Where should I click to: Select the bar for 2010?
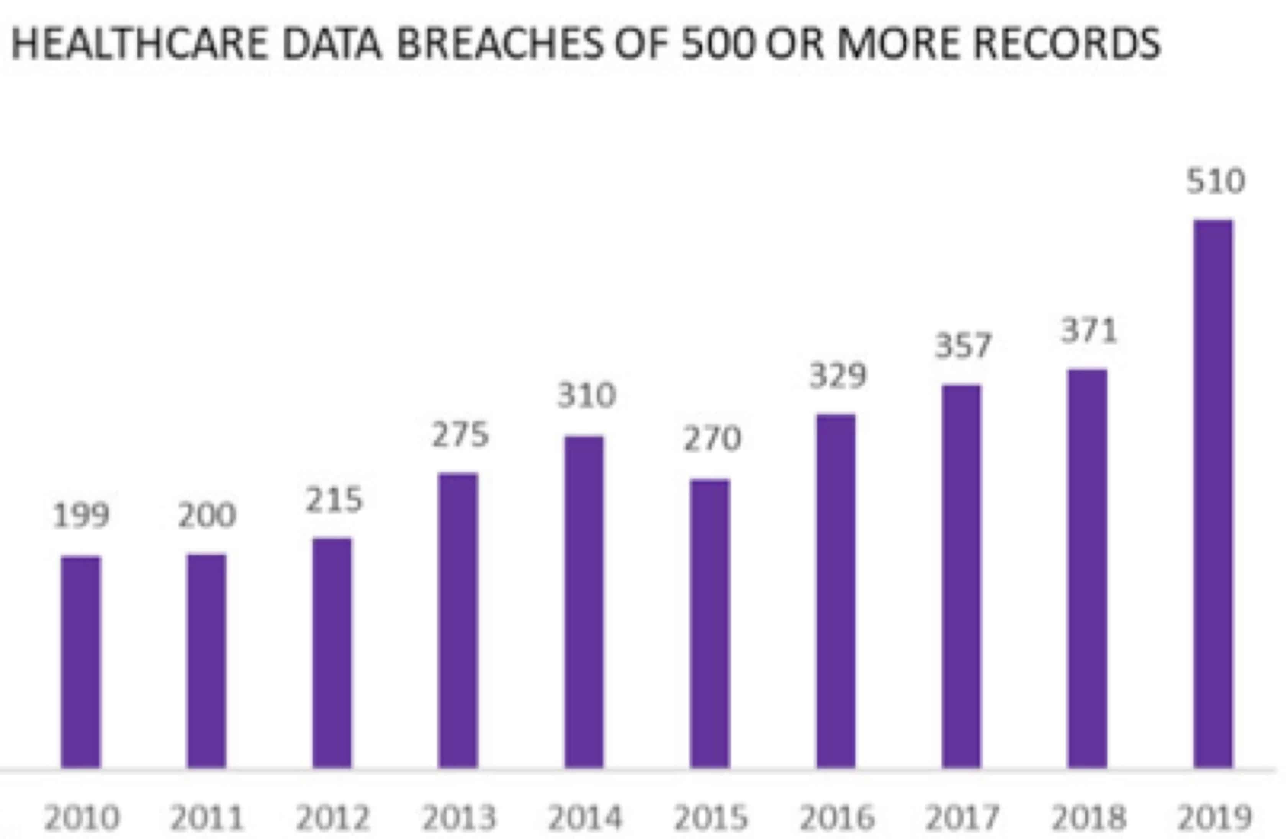tap(81, 661)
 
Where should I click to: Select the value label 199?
tap(81, 515)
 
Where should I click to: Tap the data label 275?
tap(460, 435)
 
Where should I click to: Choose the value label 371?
tap(1089, 331)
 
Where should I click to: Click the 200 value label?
tap(207, 515)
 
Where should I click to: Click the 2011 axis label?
tap(207, 818)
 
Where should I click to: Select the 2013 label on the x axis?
tap(459, 818)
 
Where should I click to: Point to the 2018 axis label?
tap(1089, 818)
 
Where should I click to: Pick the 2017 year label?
tap(963, 818)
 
